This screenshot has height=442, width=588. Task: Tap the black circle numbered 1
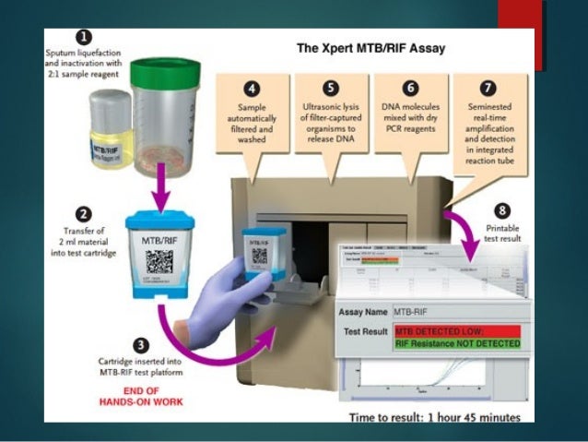coord(84,38)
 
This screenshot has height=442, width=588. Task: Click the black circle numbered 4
coord(250,90)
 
